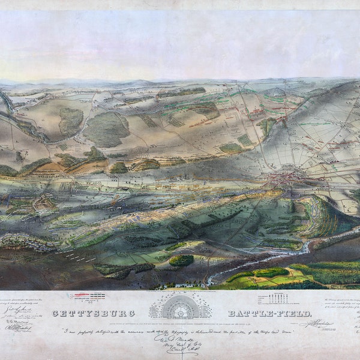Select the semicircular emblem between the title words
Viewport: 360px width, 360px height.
[x=180, y=307]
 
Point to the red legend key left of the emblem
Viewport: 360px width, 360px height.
[x=88, y=296]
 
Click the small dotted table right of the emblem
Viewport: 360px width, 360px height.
[x=272, y=298]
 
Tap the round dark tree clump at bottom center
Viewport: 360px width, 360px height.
[x=181, y=260]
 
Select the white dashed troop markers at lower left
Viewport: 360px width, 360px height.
[x=75, y=256]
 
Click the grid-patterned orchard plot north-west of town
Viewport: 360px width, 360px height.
[x=245, y=140]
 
